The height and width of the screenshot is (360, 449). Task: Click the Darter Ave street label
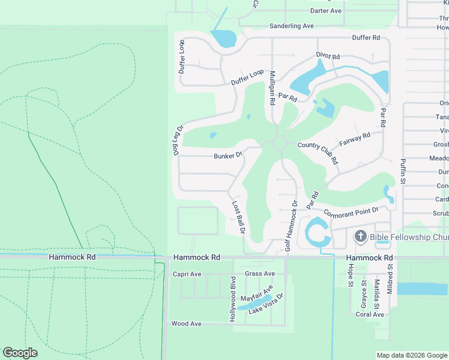pyautogui.click(x=326, y=11)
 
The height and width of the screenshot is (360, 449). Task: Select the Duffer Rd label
pyautogui.click(x=367, y=37)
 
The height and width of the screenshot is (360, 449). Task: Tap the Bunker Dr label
pyautogui.click(x=228, y=155)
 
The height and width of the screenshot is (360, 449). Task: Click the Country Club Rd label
pyautogui.click(x=318, y=153)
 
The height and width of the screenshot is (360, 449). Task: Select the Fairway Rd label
pyautogui.click(x=355, y=140)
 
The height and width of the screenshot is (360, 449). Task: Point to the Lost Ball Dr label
pyautogui.click(x=238, y=218)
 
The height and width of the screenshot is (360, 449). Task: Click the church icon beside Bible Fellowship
pyautogui.click(x=360, y=236)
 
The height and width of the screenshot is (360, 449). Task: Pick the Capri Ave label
pyautogui.click(x=187, y=274)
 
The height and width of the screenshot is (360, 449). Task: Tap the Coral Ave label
pyautogui.click(x=370, y=314)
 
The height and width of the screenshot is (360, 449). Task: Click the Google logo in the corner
pyautogui.click(x=20, y=352)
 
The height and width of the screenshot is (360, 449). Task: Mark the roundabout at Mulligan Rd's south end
pyautogui.click(x=279, y=143)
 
